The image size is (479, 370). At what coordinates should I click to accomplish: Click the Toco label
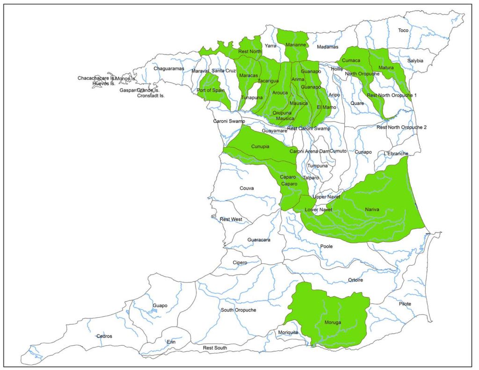403,30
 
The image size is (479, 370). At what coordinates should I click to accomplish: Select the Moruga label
332,323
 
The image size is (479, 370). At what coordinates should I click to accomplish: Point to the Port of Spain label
211,90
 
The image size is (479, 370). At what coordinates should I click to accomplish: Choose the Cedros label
104,336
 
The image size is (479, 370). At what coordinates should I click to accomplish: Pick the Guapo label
160,305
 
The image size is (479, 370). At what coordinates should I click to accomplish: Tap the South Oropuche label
239,310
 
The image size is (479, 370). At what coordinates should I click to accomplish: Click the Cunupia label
260,146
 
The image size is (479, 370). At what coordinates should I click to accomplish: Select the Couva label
247,188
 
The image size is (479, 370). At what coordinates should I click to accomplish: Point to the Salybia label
414,61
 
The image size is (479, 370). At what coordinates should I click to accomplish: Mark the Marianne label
296,45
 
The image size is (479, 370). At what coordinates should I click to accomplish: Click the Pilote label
405,304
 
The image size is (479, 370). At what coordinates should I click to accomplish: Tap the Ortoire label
356,280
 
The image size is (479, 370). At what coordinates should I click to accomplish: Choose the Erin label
171,342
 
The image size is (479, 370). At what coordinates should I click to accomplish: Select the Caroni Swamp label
229,121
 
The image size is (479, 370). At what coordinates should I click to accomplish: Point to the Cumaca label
351,60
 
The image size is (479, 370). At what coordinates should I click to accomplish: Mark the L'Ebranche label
396,153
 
